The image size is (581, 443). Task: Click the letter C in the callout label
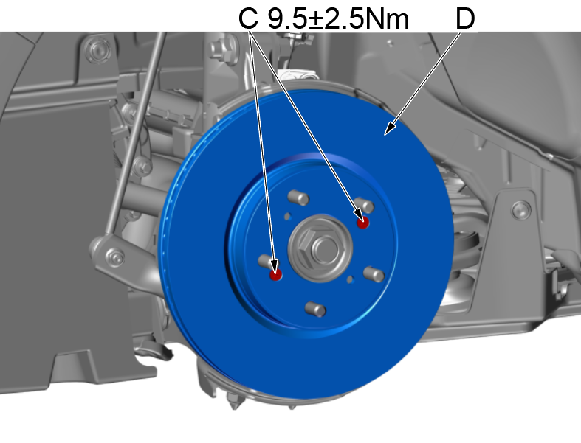pos(249,19)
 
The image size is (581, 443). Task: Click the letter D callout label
pos(464,19)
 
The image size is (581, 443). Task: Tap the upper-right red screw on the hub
pos(362,222)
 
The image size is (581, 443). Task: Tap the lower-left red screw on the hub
pos(275,275)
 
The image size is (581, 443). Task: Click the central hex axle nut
pos(317,245)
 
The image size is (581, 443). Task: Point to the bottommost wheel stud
pos(314,307)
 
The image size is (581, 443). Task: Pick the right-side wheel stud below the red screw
pos(374,274)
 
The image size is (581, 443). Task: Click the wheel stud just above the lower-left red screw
pos(267,260)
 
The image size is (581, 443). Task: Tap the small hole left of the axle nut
pos(287,216)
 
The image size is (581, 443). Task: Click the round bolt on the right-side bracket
pos(521,209)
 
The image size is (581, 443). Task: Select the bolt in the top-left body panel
pos(94,49)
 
